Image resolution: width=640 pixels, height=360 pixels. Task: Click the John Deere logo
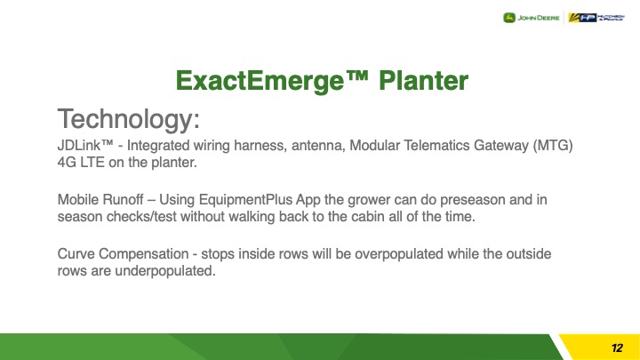tap(531, 18)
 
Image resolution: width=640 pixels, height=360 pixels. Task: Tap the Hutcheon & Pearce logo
tap(596, 18)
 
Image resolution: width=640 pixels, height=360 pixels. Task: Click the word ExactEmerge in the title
tap(260, 80)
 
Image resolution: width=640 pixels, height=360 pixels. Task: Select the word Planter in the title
tap(423, 80)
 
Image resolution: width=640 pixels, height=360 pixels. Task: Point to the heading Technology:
tap(129, 119)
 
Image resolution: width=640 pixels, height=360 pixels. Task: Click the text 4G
tap(67, 163)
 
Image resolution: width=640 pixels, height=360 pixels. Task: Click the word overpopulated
tap(399, 254)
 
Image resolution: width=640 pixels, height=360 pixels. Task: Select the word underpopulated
tap(165, 271)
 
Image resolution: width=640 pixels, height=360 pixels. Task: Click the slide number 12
tap(617, 348)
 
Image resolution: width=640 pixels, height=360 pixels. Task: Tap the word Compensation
tap(144, 254)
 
